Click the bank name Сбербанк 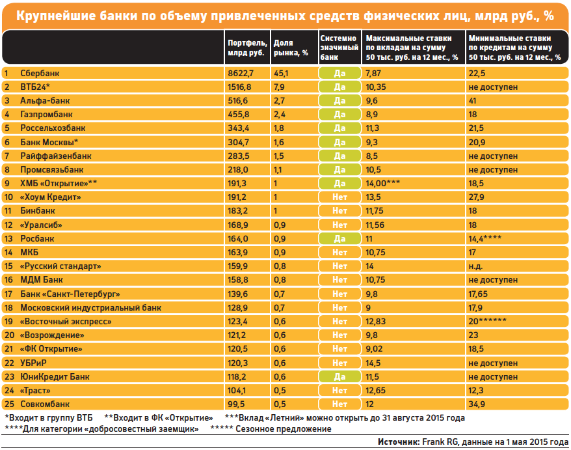tap(40, 73)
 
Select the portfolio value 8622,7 tap(241, 74)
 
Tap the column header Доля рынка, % tap(291, 48)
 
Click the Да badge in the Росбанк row tap(339, 238)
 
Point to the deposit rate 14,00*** tap(382, 183)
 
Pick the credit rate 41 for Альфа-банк tap(473, 101)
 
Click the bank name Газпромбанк tap(46, 115)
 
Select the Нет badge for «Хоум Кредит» tap(339, 197)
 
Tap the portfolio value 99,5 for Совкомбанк tap(236, 404)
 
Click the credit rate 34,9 tap(476, 404)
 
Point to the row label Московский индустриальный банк tap(90, 307)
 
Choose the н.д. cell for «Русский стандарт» tap(475, 266)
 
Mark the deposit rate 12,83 tap(375, 321)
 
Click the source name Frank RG tap(440, 442)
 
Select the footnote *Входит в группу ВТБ tap(49, 417)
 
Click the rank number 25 tap(9, 404)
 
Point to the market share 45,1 tap(281, 74)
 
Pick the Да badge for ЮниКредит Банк tap(339, 376)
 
